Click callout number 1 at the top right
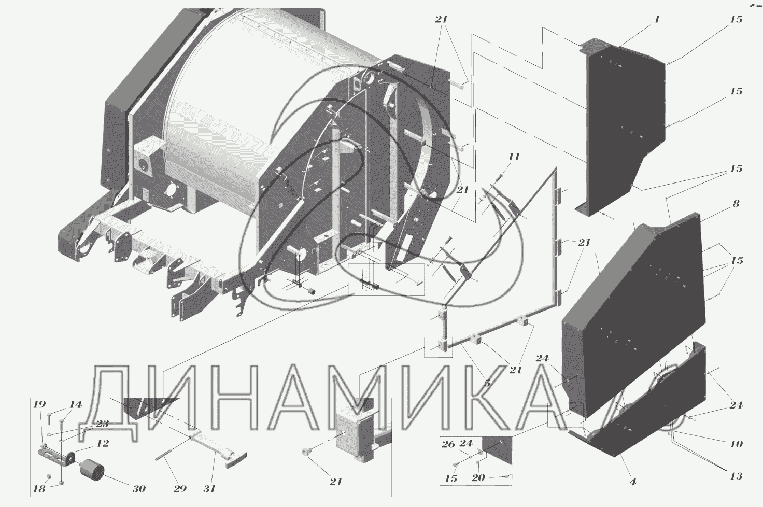pyautogui.click(x=657, y=19)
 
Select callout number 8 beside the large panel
pyautogui.click(x=736, y=203)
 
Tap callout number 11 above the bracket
pyautogui.click(x=514, y=157)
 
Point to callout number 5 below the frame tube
pyautogui.click(x=487, y=383)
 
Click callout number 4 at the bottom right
pyautogui.click(x=633, y=482)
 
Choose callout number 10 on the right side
pyautogui.click(x=736, y=444)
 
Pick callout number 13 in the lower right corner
pyautogui.click(x=736, y=476)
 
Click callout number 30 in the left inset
pyautogui.click(x=139, y=489)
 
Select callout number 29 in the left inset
pyautogui.click(x=180, y=489)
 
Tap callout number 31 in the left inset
pyautogui.click(x=209, y=489)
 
